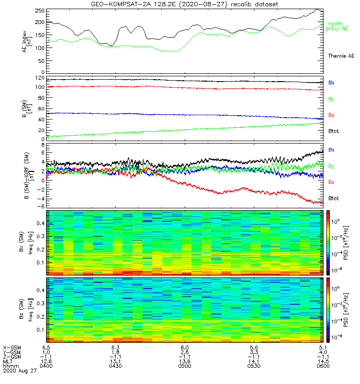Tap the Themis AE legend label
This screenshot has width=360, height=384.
(340, 56)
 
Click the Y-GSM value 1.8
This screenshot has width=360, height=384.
(115, 351)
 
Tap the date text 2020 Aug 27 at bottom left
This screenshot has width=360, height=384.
(19, 371)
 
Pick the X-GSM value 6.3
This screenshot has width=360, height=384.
(115, 347)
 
